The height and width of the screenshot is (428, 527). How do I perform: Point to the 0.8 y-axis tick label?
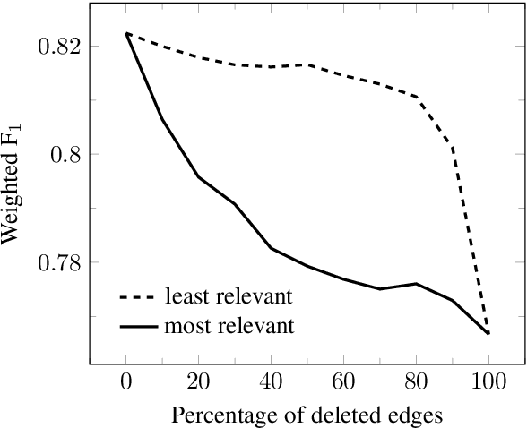click(65, 154)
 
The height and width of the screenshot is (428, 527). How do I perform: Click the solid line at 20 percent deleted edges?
click(198, 177)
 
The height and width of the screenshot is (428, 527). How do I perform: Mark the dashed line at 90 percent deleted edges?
click(454, 147)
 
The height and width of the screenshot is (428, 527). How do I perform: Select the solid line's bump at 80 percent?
click(416, 284)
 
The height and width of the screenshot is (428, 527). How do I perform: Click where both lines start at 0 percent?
click(127, 33)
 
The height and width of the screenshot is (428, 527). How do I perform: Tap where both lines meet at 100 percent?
click(488, 333)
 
